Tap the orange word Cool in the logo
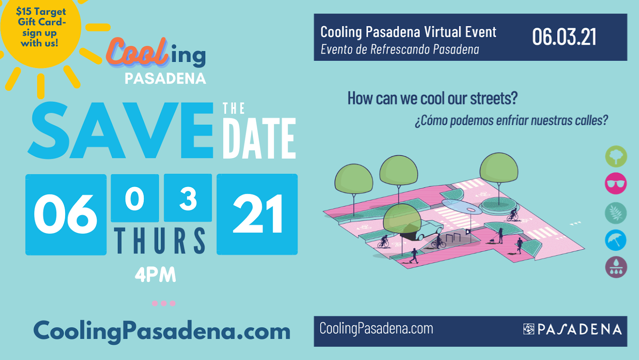[137, 52]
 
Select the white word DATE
[259, 138]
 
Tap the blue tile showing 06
[66, 215]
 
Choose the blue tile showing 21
[257, 215]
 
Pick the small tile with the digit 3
[188, 198]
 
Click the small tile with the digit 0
[135, 198]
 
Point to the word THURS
[160, 241]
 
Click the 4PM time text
[155, 275]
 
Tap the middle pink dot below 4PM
[164, 303]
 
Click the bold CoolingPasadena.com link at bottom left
[162, 331]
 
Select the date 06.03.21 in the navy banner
[564, 37]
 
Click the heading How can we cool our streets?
[432, 98]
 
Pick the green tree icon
[616, 156]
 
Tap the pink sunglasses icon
[616, 184]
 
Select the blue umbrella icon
[616, 240]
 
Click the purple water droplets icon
[616, 267]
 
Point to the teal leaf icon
[616, 213]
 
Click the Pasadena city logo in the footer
[572, 329]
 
